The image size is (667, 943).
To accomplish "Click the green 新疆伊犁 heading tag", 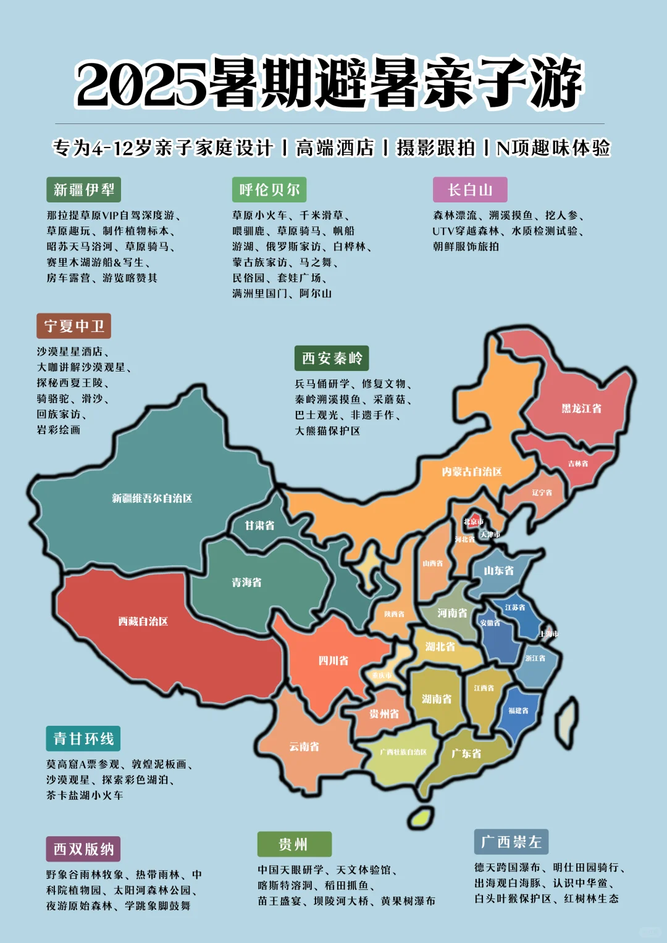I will click(84, 189).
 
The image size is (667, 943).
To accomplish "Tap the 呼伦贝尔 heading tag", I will click(269, 189).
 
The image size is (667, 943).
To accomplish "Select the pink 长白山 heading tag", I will click(470, 189).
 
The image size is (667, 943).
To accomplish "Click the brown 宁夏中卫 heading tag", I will click(74, 326).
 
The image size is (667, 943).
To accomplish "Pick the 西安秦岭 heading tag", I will click(332, 358).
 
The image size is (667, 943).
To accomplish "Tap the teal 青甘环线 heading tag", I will click(83, 738).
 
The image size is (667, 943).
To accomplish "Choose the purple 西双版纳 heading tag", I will click(83, 849).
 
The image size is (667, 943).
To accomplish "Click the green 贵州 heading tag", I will click(294, 844).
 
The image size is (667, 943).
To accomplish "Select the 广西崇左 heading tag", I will click(511, 842).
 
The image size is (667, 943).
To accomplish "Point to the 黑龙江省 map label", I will click(581, 409).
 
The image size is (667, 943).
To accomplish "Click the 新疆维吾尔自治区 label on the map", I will click(152, 498).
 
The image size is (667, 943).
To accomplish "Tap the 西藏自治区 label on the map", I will click(143, 621).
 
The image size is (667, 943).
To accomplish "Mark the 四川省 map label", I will click(333, 660).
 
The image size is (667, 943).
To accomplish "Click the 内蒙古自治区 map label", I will click(472, 471).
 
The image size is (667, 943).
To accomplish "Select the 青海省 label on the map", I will click(246, 582).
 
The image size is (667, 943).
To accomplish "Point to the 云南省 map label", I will click(304, 746).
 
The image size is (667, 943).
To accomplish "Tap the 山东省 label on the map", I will click(498, 570).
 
